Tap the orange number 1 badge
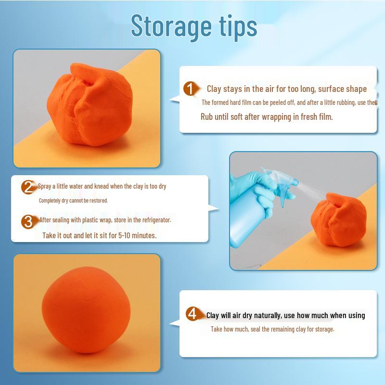click(191, 89)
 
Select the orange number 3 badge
click(28, 221)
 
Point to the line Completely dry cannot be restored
click(73, 200)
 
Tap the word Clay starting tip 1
click(214, 89)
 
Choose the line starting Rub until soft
click(267, 117)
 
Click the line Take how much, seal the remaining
click(272, 330)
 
